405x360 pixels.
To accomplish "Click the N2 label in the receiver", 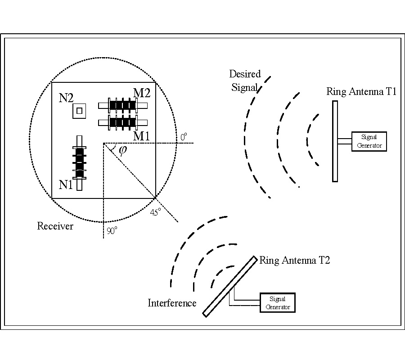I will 67,98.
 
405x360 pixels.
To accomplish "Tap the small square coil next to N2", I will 80,111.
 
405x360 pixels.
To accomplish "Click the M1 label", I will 141,136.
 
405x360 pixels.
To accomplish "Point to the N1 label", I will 66,184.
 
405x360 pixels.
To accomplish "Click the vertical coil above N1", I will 80,163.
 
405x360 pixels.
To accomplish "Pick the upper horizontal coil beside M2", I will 123,105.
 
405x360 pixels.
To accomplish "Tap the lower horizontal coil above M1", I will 123,122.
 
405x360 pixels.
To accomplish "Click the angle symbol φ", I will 122,150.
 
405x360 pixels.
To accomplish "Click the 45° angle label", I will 155,212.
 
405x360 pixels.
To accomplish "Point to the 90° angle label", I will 112,231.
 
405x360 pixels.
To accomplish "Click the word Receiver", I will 55,226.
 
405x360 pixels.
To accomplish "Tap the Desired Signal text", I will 243,80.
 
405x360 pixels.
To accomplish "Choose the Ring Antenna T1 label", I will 361,92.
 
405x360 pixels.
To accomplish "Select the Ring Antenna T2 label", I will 294,260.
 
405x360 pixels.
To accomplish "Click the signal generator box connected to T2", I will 278,302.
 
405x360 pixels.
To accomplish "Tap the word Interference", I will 172,303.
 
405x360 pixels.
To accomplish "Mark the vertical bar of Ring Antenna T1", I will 335,141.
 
